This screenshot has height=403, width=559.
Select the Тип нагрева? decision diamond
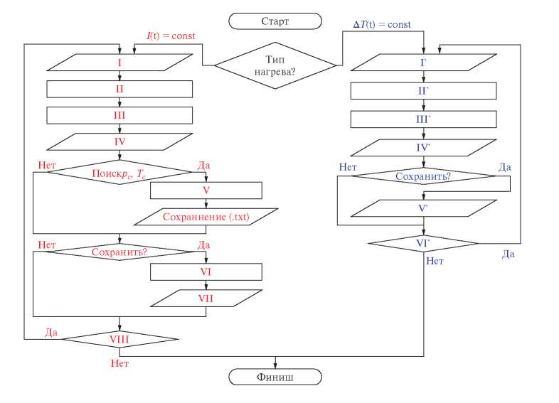(276, 65)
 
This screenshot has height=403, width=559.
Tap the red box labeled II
(120, 89)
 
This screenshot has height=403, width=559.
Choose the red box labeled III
(120, 115)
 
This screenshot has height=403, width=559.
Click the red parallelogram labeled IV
(120, 141)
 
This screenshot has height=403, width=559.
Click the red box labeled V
(206, 190)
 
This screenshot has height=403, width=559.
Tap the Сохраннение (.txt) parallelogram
(206, 217)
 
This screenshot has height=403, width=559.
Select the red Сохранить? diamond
(120, 252)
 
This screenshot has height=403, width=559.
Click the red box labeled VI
(206, 272)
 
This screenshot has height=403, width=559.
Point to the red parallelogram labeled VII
(206, 298)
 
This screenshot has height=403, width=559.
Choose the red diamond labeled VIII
(119, 340)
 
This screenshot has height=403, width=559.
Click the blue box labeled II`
(423, 92)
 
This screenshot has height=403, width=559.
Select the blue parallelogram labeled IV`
(423, 148)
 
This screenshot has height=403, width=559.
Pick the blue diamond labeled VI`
(423, 243)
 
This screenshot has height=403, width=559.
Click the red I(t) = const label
(171, 36)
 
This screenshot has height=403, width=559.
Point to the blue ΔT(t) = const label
(382, 25)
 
